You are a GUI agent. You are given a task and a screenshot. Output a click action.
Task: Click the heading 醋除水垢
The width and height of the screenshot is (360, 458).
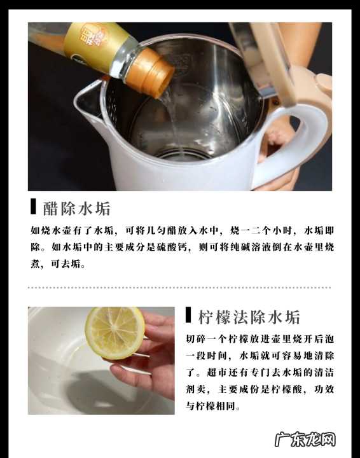pyautogui.click(x=77, y=209)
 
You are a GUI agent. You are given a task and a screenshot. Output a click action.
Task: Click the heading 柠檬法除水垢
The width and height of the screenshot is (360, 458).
pyautogui.click(x=249, y=317)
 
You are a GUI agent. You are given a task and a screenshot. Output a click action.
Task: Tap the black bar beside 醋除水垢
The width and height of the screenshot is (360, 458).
pyautogui.click(x=33, y=207)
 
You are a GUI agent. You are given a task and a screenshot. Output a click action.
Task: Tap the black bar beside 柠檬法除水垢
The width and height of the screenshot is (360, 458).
pyautogui.click(x=188, y=315)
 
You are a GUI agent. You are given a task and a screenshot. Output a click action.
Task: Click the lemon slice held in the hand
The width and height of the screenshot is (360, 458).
pyautogui.click(x=114, y=333)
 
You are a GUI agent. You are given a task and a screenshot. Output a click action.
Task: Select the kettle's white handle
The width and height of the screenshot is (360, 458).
pyautogui.click(x=295, y=140)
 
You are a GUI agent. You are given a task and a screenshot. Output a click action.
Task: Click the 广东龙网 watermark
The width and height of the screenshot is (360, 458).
pyautogui.click(x=305, y=440)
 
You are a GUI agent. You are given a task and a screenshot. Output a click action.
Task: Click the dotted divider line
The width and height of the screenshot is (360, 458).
pyautogui.click(x=179, y=288)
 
